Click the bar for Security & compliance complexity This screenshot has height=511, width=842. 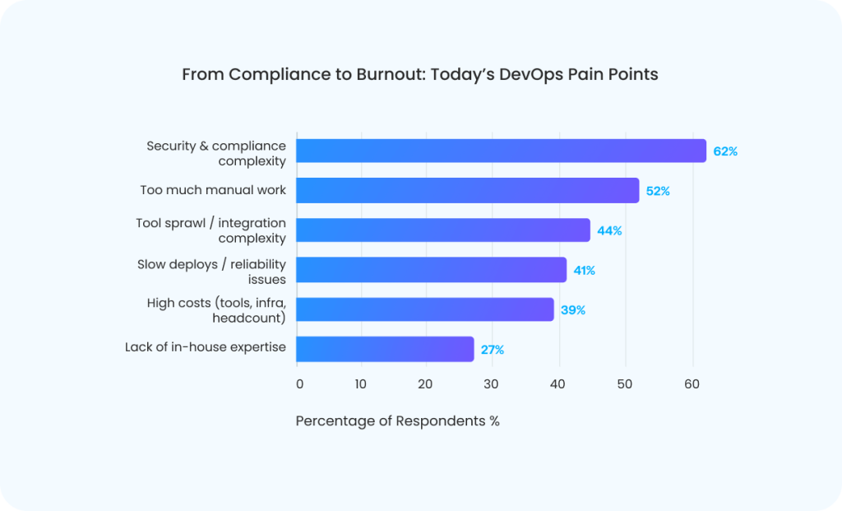(x=501, y=151)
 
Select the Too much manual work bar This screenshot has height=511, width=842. (x=467, y=191)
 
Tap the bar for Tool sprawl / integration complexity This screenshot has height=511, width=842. (x=442, y=230)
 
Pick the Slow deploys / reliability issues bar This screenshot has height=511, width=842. (x=431, y=270)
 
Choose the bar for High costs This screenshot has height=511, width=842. (x=424, y=309)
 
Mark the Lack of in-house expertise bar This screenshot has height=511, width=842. (x=385, y=349)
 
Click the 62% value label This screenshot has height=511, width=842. (x=725, y=151)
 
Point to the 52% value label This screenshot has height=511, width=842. (x=658, y=191)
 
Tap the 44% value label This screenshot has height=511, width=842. (x=609, y=230)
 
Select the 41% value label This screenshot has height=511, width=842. (x=585, y=270)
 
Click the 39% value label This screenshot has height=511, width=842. (x=573, y=310)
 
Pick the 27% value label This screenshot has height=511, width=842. (x=493, y=350)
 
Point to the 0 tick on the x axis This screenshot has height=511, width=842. (x=299, y=383)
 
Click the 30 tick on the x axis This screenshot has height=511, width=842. (x=490, y=383)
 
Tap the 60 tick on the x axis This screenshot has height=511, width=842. (x=692, y=383)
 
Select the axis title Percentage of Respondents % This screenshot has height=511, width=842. (x=397, y=420)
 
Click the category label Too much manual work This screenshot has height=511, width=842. (x=213, y=190)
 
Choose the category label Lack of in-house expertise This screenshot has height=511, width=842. (x=206, y=347)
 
